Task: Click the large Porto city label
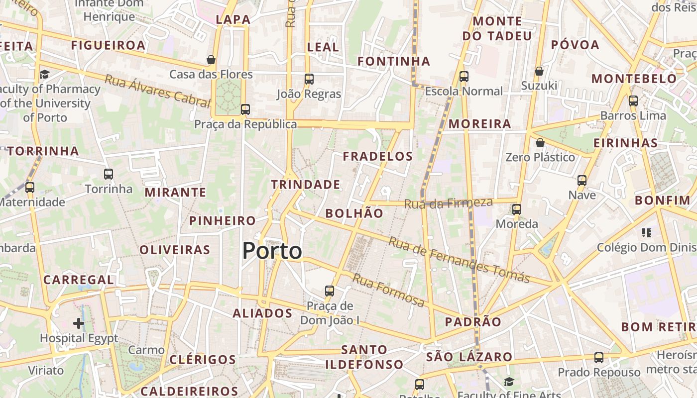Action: tap(272, 251)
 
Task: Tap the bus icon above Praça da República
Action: tap(245, 109)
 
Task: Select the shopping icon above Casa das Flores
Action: tap(211, 60)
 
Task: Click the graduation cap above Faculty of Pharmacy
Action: tap(45, 75)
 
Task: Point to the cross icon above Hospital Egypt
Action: tap(79, 323)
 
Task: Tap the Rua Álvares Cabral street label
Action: tap(157, 91)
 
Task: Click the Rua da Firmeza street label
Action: tap(448, 203)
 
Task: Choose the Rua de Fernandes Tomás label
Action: tap(459, 260)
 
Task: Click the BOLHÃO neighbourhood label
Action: tap(354, 213)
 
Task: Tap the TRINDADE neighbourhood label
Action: tap(306, 185)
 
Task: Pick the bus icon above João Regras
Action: tap(309, 79)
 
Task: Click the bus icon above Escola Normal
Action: tap(464, 76)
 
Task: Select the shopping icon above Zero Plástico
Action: tap(540, 143)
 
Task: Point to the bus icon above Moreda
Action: tap(517, 209)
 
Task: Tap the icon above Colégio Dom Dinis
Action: tap(647, 232)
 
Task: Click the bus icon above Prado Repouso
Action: tap(599, 357)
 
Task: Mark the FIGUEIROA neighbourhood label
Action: tap(108, 45)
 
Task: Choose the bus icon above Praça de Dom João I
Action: tap(330, 291)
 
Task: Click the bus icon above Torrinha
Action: tap(109, 174)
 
